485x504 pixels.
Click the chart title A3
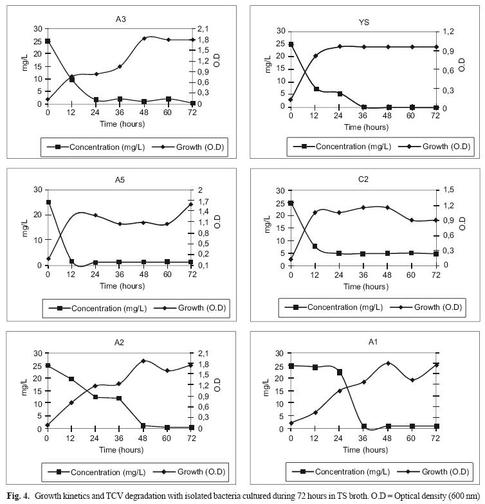(120, 19)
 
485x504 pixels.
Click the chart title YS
(363, 21)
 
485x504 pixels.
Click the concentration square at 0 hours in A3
(48, 41)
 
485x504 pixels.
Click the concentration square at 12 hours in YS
(316, 89)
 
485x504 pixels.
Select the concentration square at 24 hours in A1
(340, 372)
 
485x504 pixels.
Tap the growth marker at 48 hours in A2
(143, 361)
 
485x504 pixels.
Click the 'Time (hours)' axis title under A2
(120, 449)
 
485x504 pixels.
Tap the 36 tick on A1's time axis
(363, 439)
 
